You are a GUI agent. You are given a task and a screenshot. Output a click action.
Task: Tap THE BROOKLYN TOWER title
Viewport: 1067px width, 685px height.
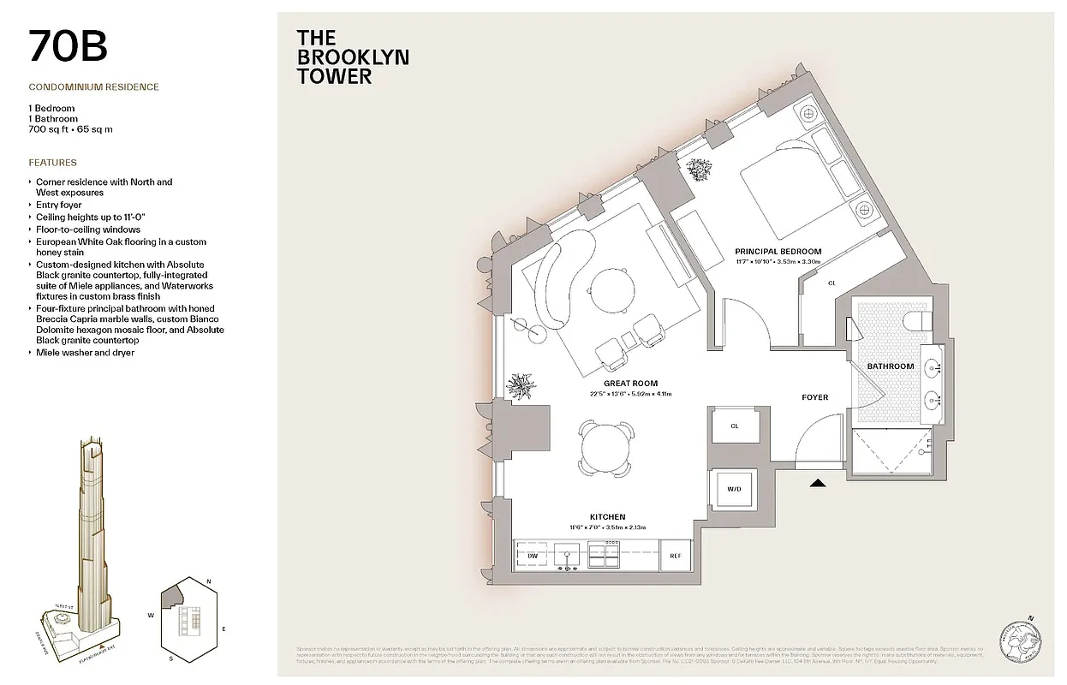pos(352,57)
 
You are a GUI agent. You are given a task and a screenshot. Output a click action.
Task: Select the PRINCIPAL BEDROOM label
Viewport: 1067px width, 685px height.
pos(778,252)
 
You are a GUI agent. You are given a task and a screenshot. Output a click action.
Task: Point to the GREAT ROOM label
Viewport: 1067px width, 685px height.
pos(629,384)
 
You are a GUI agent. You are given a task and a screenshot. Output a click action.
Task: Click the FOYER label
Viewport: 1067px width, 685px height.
pos(814,397)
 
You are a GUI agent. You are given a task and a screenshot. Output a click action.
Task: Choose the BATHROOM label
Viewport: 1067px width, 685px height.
pos(890,366)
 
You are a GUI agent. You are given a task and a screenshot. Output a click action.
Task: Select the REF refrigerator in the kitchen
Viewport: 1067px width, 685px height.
pos(675,556)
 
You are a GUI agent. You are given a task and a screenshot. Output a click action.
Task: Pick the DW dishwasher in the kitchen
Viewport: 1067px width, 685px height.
pos(532,556)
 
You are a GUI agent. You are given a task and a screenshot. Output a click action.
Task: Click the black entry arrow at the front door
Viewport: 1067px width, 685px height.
pos(818,483)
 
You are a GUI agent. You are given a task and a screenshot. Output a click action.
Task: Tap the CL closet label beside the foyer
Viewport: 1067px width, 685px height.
pos(734,426)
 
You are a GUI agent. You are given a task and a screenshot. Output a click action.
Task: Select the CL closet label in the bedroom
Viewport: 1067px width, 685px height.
pos(831,283)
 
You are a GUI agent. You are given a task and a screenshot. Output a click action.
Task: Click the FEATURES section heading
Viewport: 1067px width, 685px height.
pos(52,163)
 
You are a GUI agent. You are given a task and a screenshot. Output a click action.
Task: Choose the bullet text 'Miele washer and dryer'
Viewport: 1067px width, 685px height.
pos(85,353)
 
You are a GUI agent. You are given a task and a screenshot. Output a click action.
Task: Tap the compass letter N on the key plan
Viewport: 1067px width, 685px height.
pos(210,582)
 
